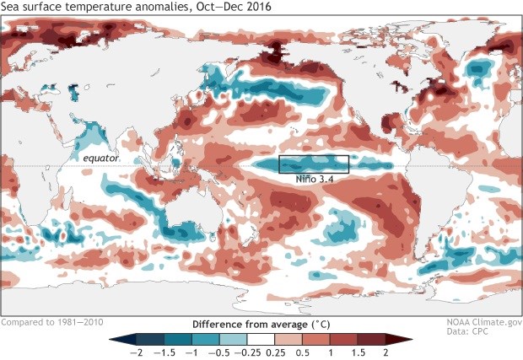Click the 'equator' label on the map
(x=101, y=158)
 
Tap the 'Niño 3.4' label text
(x=313, y=179)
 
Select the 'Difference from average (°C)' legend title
(x=261, y=323)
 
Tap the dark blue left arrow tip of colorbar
(x=116, y=339)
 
